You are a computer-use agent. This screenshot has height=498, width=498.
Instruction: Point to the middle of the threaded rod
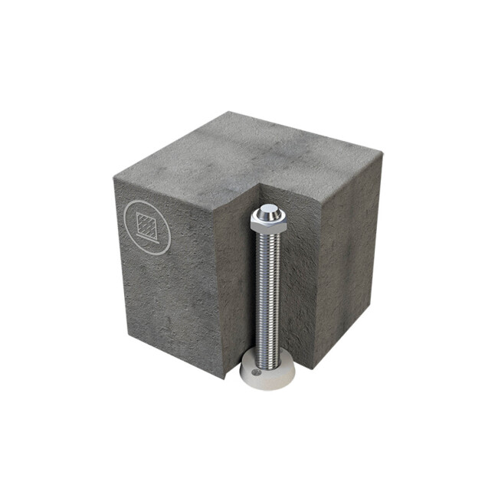pos(267,291)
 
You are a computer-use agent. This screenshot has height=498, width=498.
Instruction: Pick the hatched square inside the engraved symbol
pos(146,224)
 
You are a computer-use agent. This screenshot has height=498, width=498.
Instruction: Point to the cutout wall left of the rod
pos(234,283)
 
